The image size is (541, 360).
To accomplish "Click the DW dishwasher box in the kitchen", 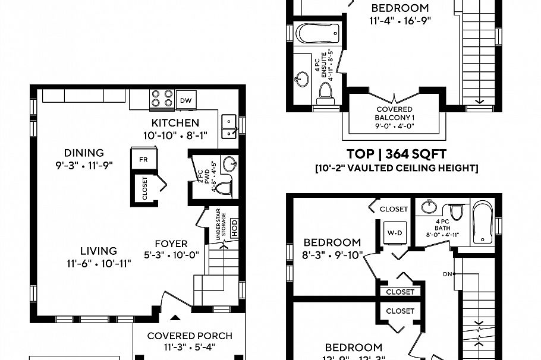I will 187,100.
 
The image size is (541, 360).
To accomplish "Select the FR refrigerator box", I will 143,160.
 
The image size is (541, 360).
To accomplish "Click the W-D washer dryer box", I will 393,232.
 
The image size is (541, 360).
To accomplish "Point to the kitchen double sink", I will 228,123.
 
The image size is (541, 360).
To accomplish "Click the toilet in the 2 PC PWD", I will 223,189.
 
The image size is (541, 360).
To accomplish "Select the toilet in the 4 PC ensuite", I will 325,93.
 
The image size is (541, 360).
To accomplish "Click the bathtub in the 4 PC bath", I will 483,223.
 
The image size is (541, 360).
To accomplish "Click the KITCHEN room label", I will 175,123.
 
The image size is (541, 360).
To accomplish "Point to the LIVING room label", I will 99,251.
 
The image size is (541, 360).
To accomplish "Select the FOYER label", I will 171,244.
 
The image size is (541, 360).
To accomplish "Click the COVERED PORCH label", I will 190,336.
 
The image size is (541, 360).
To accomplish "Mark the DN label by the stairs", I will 448,274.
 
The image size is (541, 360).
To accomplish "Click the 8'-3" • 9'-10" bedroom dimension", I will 332,257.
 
